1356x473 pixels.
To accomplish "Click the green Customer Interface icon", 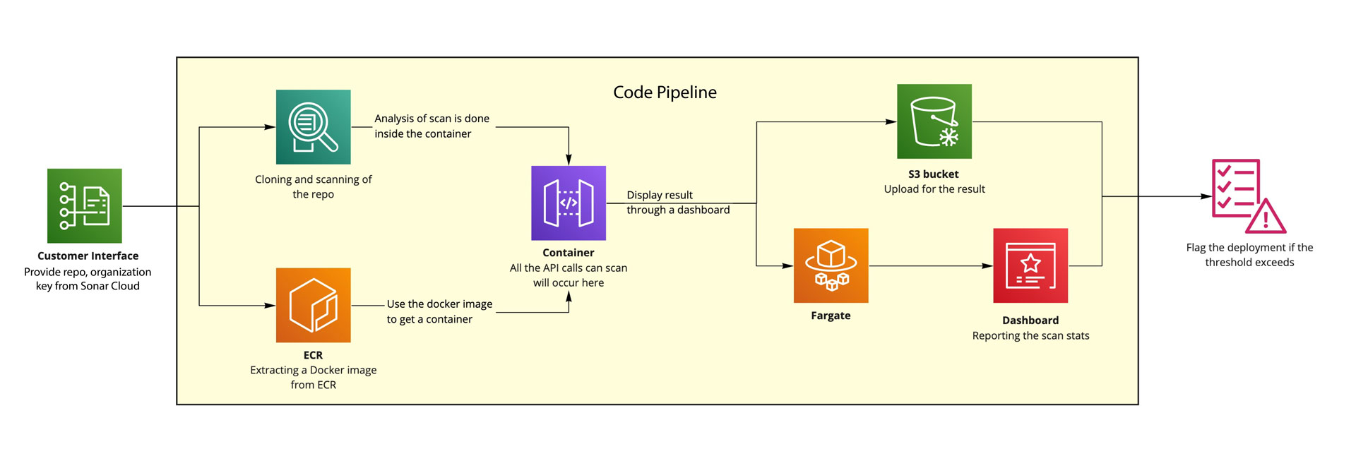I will pyautogui.click(x=84, y=205).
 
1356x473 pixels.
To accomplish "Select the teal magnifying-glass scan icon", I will pyautogui.click(x=313, y=127).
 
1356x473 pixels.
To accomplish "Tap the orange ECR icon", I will pyautogui.click(x=313, y=305).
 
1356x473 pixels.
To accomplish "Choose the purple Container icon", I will pyautogui.click(x=569, y=203).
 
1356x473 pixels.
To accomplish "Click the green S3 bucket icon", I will pyautogui.click(x=934, y=121).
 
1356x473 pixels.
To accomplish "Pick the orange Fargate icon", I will pyautogui.click(x=831, y=265).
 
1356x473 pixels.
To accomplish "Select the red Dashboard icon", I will pyautogui.click(x=1030, y=265).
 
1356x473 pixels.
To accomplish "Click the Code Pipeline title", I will pyautogui.click(x=665, y=92).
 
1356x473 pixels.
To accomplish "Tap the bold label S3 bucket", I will pyautogui.click(x=933, y=174).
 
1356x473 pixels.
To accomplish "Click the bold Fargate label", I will pyautogui.click(x=831, y=316).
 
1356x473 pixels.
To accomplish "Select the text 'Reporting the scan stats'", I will pyautogui.click(x=1030, y=336).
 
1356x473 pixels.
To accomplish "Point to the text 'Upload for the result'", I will pyautogui.click(x=934, y=189).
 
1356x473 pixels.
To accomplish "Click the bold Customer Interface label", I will pyautogui.click(x=88, y=256).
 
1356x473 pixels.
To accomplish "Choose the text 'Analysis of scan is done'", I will pyautogui.click(x=432, y=119).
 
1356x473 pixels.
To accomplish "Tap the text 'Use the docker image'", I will pyautogui.click(x=439, y=304).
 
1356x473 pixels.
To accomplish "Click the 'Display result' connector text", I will pyautogui.click(x=660, y=195).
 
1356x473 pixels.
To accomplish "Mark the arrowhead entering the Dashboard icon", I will pyautogui.click(x=988, y=266).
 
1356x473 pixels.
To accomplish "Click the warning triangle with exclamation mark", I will pyautogui.click(x=1266, y=218).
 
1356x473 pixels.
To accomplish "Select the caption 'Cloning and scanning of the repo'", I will pyautogui.click(x=313, y=187).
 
